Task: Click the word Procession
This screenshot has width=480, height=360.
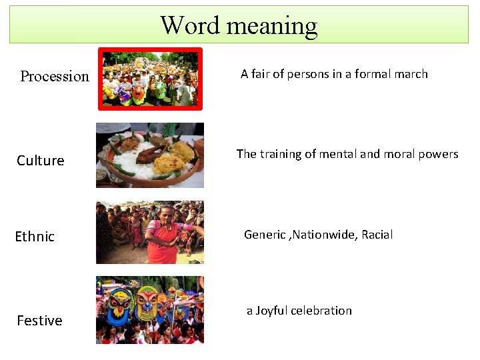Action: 55,77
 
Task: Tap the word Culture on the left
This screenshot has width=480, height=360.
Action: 41,161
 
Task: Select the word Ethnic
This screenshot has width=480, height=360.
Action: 35,237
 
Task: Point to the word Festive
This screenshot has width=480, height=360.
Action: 39,321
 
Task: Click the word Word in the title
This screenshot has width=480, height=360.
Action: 190,25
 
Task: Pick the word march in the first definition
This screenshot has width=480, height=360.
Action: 411,74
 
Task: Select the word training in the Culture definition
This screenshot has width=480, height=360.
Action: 283,154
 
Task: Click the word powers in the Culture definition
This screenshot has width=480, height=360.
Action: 439,154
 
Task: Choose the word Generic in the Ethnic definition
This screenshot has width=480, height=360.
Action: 265,235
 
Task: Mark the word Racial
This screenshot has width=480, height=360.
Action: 377,235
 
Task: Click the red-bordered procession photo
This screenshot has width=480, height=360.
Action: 150,79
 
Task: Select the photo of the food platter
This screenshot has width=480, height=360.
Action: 150,155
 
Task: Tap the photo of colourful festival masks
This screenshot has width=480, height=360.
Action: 150,309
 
